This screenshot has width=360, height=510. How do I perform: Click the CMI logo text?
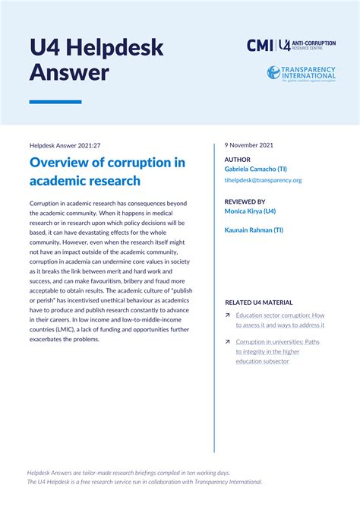click(261, 45)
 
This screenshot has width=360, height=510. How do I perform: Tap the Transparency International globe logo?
click(273, 73)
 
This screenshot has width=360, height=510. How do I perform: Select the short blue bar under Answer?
click(55, 102)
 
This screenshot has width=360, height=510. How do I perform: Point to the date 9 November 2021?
click(249, 144)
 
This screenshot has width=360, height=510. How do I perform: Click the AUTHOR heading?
click(237, 160)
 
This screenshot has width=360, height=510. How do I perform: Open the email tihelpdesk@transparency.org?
click(263, 180)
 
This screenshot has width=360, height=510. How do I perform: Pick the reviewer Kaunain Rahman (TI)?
click(254, 229)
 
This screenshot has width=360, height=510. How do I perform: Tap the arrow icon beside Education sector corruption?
click(228, 315)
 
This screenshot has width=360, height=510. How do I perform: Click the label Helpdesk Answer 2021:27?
click(65, 144)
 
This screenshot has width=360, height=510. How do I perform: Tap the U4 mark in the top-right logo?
click(285, 45)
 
